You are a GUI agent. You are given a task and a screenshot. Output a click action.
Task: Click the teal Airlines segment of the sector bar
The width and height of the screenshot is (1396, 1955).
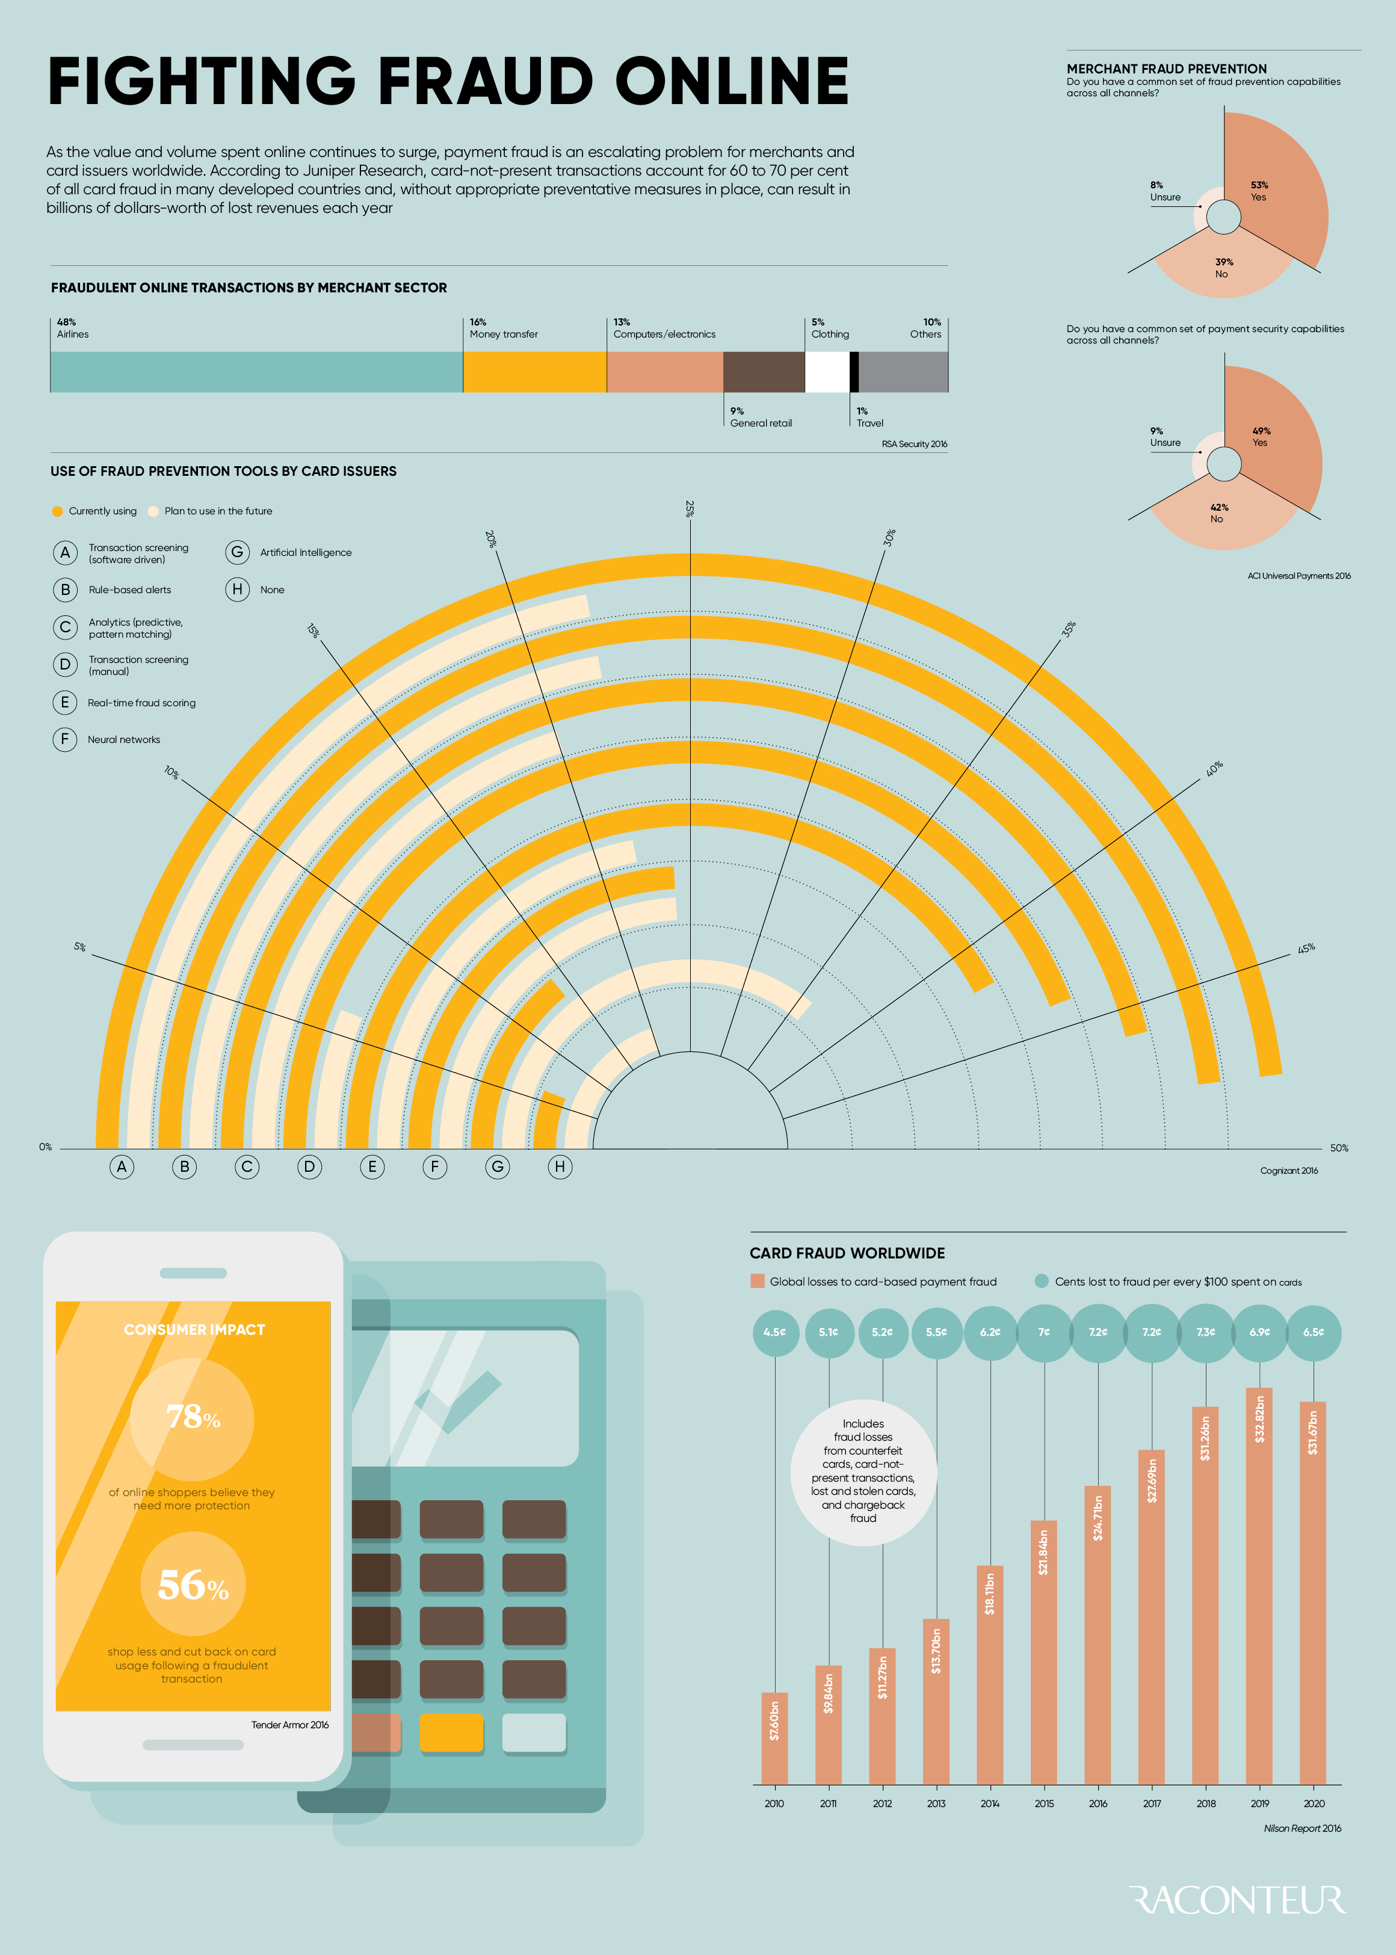coord(256,372)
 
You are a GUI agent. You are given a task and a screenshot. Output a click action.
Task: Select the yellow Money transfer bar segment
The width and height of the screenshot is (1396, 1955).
coord(535,372)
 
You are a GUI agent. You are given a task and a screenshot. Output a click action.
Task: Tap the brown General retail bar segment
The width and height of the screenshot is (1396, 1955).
coord(764,372)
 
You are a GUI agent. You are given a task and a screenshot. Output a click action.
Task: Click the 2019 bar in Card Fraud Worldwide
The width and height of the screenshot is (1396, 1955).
coord(1259,1590)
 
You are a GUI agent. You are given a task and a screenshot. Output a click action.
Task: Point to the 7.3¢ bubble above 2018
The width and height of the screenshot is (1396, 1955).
coord(1206,1332)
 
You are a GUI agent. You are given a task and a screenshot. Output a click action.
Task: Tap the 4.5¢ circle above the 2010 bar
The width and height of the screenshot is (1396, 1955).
coord(774,1332)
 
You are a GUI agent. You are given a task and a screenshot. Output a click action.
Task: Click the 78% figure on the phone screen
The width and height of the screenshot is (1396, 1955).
coord(193,1417)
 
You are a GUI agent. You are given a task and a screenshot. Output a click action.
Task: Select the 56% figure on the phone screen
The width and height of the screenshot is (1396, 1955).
coord(193,1586)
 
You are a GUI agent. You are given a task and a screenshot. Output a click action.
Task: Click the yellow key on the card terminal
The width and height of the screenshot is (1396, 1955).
coord(451,1733)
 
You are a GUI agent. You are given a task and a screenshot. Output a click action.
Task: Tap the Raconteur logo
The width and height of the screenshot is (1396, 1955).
coord(1238,1901)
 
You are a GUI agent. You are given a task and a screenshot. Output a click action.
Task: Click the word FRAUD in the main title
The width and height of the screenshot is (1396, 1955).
coord(486,82)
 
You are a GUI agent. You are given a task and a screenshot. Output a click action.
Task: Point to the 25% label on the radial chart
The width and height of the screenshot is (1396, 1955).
coord(690,509)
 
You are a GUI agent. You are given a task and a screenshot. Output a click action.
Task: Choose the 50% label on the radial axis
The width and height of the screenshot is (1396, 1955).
coord(1338,1148)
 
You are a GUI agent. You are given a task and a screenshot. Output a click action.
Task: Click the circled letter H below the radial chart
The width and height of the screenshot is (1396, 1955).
coord(560,1167)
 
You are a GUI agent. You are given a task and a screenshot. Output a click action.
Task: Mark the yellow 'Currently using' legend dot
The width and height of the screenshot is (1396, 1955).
coord(58,511)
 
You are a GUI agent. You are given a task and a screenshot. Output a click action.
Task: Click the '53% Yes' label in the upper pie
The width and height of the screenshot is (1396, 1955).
coord(1259,191)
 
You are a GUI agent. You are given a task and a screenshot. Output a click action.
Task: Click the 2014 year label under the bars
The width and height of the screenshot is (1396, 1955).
coord(990,1804)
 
